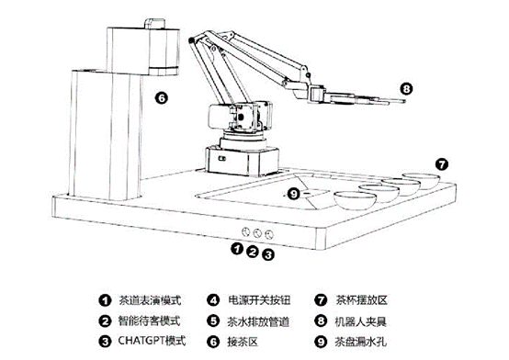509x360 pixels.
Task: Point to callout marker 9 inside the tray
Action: (x=293, y=193)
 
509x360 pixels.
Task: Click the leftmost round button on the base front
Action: (x=244, y=231)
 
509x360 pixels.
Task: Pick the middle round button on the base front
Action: (x=257, y=231)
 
